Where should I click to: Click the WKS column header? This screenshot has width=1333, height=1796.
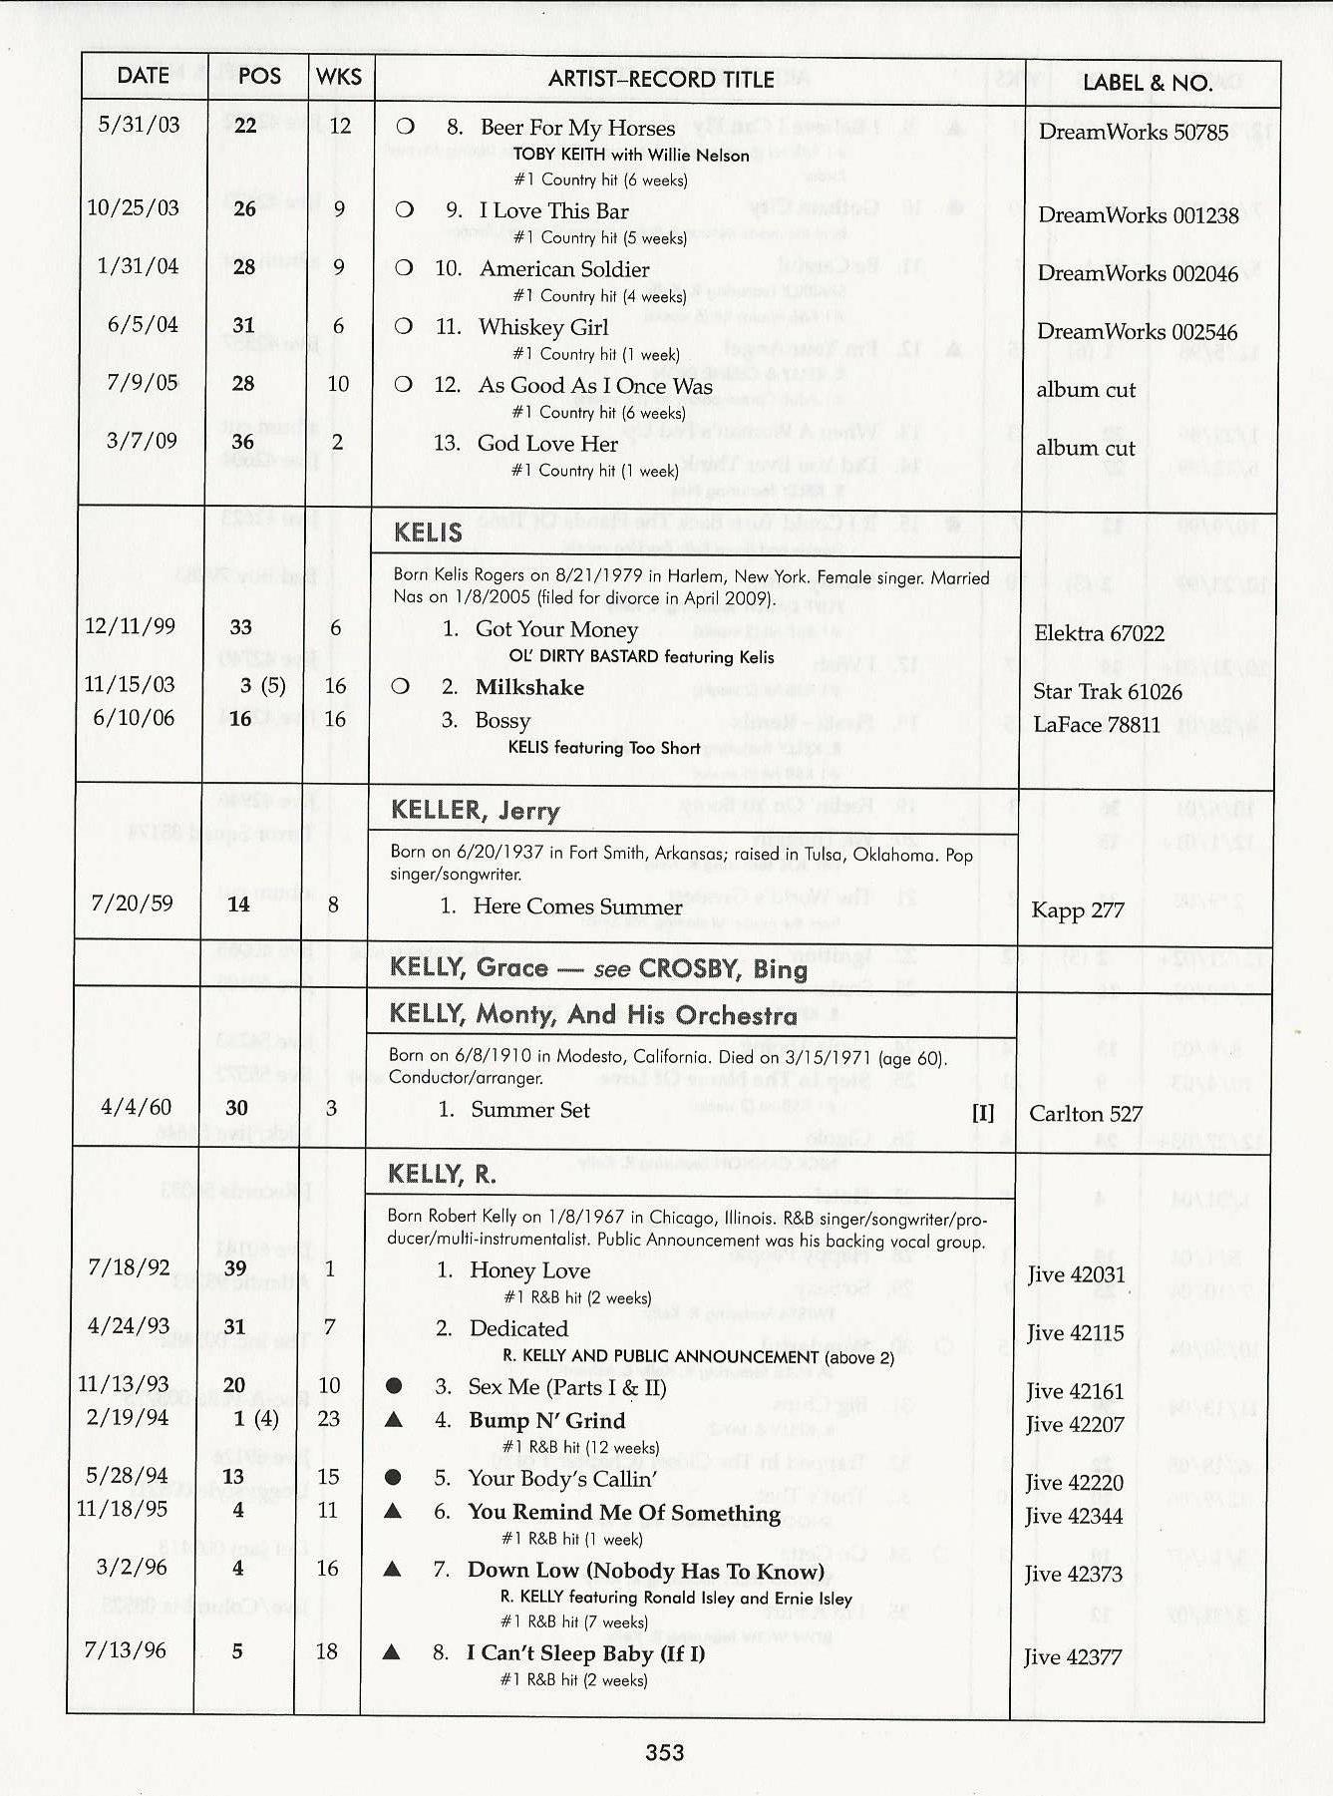[339, 77]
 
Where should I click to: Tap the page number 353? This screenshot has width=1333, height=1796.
[665, 1752]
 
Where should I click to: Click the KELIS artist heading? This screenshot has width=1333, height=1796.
[428, 533]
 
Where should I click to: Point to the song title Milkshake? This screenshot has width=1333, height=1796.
[529, 687]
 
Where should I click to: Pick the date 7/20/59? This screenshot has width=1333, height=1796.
[132, 903]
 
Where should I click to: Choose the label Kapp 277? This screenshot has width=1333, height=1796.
[1077, 909]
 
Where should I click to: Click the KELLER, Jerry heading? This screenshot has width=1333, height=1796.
[475, 810]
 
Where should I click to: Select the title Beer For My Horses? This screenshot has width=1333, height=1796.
[577, 128]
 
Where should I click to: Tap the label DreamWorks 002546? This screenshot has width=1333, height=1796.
[1137, 332]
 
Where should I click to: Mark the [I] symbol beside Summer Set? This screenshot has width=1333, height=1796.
[983, 1113]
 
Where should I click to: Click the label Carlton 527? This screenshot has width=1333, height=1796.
[1086, 1114]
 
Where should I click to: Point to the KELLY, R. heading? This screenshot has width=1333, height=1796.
[442, 1175]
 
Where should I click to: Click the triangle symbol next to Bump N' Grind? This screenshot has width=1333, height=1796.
[394, 1419]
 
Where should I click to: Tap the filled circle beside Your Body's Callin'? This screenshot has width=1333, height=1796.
[394, 1477]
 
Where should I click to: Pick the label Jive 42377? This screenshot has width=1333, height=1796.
[1073, 1657]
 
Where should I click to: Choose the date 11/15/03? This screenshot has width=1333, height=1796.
[129, 684]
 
